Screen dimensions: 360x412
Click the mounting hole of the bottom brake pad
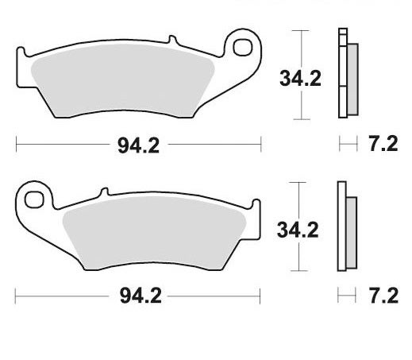pyautogui.click(x=33, y=199)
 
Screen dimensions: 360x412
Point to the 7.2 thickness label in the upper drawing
pyautogui.click(x=383, y=145)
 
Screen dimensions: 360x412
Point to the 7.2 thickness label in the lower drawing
pyautogui.click(x=383, y=296)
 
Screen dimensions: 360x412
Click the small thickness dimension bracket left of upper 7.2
pyautogui.click(x=345, y=145)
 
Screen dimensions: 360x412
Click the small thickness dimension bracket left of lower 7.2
pyautogui.click(x=345, y=296)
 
